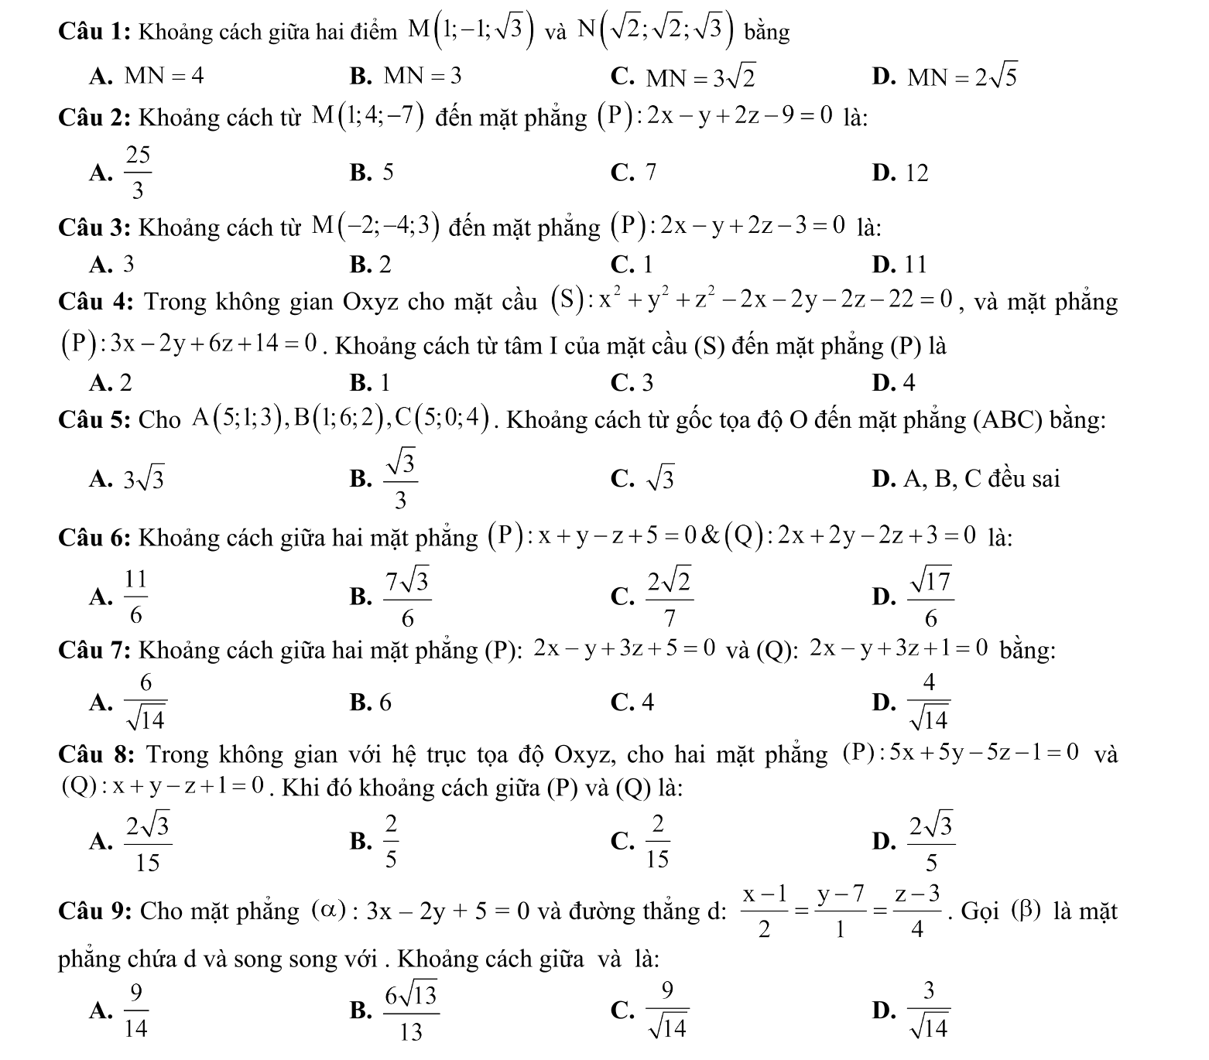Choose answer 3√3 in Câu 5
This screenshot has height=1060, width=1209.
pos(145,480)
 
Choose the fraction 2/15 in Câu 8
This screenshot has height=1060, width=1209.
pos(658,840)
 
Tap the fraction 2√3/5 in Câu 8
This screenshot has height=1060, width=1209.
pos(931,840)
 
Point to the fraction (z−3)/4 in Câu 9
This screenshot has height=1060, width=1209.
pos(917,911)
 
